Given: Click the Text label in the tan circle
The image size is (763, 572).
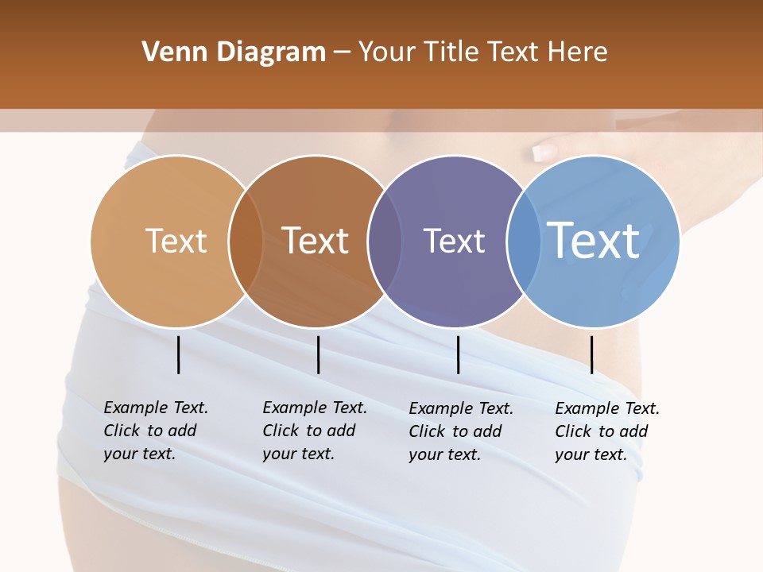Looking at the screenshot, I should coord(176,241).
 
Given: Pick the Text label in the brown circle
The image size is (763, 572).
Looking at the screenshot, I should coord(316,241).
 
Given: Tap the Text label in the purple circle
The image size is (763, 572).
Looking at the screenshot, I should coord(454,241).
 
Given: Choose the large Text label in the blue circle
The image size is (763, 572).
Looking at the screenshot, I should coord(594,240).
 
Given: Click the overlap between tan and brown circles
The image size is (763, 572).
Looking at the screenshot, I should coord(246,241).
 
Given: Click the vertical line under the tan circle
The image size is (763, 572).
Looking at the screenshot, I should coord(179,354).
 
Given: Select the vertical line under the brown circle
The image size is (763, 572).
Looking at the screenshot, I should coord(318,354).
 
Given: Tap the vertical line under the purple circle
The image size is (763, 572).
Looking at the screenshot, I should coord(459,354).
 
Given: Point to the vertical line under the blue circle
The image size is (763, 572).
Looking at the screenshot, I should coord(592,354).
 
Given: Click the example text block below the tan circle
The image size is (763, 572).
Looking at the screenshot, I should coord(155,431).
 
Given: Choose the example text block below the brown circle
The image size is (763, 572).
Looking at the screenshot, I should coord(314,431).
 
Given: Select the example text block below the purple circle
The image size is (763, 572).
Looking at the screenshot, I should coord(460,431).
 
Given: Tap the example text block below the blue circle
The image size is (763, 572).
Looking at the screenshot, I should coord(606,431).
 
